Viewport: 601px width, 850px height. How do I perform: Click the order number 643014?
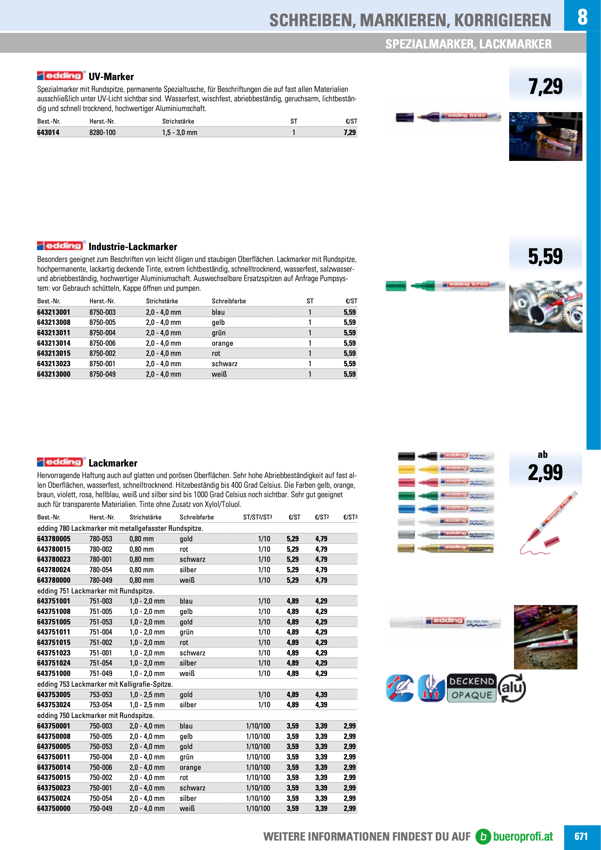click(x=48, y=133)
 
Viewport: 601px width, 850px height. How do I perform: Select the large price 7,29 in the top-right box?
click(x=545, y=87)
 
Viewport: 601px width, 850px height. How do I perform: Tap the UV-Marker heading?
click(x=111, y=77)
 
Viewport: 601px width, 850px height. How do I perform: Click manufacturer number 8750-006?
click(x=103, y=343)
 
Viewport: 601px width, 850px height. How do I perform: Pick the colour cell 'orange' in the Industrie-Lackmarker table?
click(x=222, y=343)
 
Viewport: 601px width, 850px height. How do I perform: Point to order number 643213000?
click(x=54, y=374)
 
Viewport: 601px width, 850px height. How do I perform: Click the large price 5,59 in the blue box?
click(x=545, y=256)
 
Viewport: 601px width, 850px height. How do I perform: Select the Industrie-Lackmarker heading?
click(x=133, y=246)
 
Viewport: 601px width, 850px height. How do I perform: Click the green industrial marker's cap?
click(x=396, y=286)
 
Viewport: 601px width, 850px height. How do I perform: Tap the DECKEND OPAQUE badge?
click(x=471, y=688)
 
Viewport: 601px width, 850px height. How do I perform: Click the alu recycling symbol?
click(x=512, y=688)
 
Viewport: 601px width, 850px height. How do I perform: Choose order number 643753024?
click(x=54, y=705)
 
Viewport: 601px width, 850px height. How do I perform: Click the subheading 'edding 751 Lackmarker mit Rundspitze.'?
click(x=96, y=591)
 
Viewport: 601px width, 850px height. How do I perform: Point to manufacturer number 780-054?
click(x=101, y=570)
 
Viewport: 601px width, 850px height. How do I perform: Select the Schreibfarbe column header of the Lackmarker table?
click(x=197, y=517)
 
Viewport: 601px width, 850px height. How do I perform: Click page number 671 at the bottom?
click(x=581, y=836)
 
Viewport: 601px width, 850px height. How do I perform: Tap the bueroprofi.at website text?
click(x=523, y=836)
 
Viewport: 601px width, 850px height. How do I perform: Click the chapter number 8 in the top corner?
click(x=582, y=16)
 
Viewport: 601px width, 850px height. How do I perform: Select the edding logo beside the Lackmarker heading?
click(x=61, y=462)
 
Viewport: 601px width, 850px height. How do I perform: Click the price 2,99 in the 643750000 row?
click(x=349, y=809)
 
